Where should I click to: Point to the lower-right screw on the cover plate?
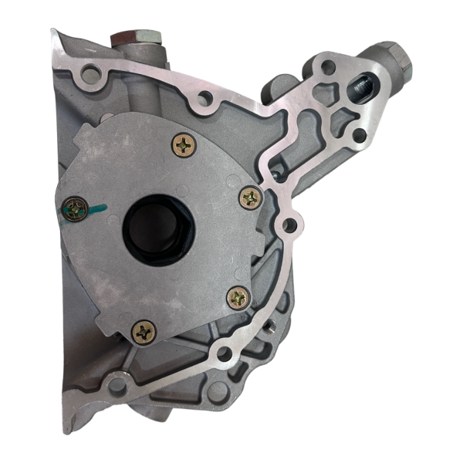click(238, 297)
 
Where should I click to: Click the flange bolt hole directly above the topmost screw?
click(205, 99)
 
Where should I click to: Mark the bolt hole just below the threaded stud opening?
click(358, 137)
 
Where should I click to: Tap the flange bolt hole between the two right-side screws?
click(289, 225)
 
